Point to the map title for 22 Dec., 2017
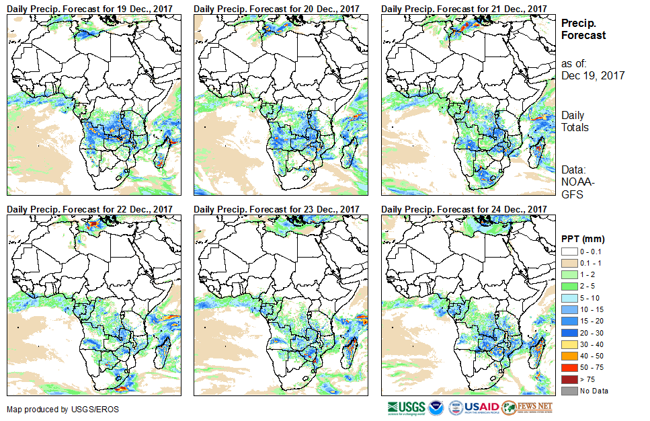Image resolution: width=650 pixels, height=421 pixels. pyautogui.click(x=90, y=209)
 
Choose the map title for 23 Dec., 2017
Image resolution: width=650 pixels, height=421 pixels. pyautogui.click(x=276, y=209)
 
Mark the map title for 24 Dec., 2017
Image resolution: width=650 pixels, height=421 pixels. pyautogui.click(x=464, y=209)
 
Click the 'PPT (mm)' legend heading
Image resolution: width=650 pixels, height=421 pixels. pyautogui.click(x=583, y=239)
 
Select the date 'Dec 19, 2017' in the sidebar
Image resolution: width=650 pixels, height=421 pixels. pyautogui.click(x=593, y=75)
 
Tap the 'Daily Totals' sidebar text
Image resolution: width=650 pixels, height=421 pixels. pyautogui.click(x=575, y=121)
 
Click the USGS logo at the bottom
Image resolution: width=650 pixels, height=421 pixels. pyautogui.click(x=406, y=408)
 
